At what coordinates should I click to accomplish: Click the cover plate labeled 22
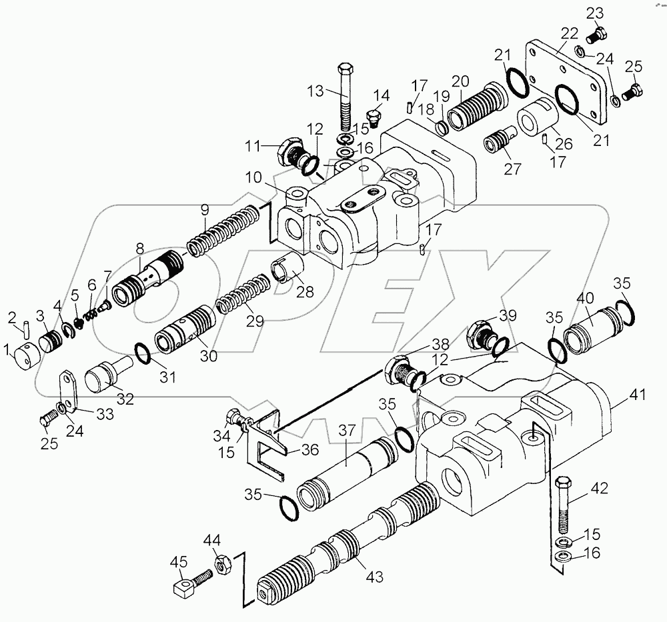pyautogui.click(x=567, y=80)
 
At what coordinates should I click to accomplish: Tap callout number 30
pyautogui.click(x=209, y=357)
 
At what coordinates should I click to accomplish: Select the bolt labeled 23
pyautogui.click(x=598, y=31)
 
